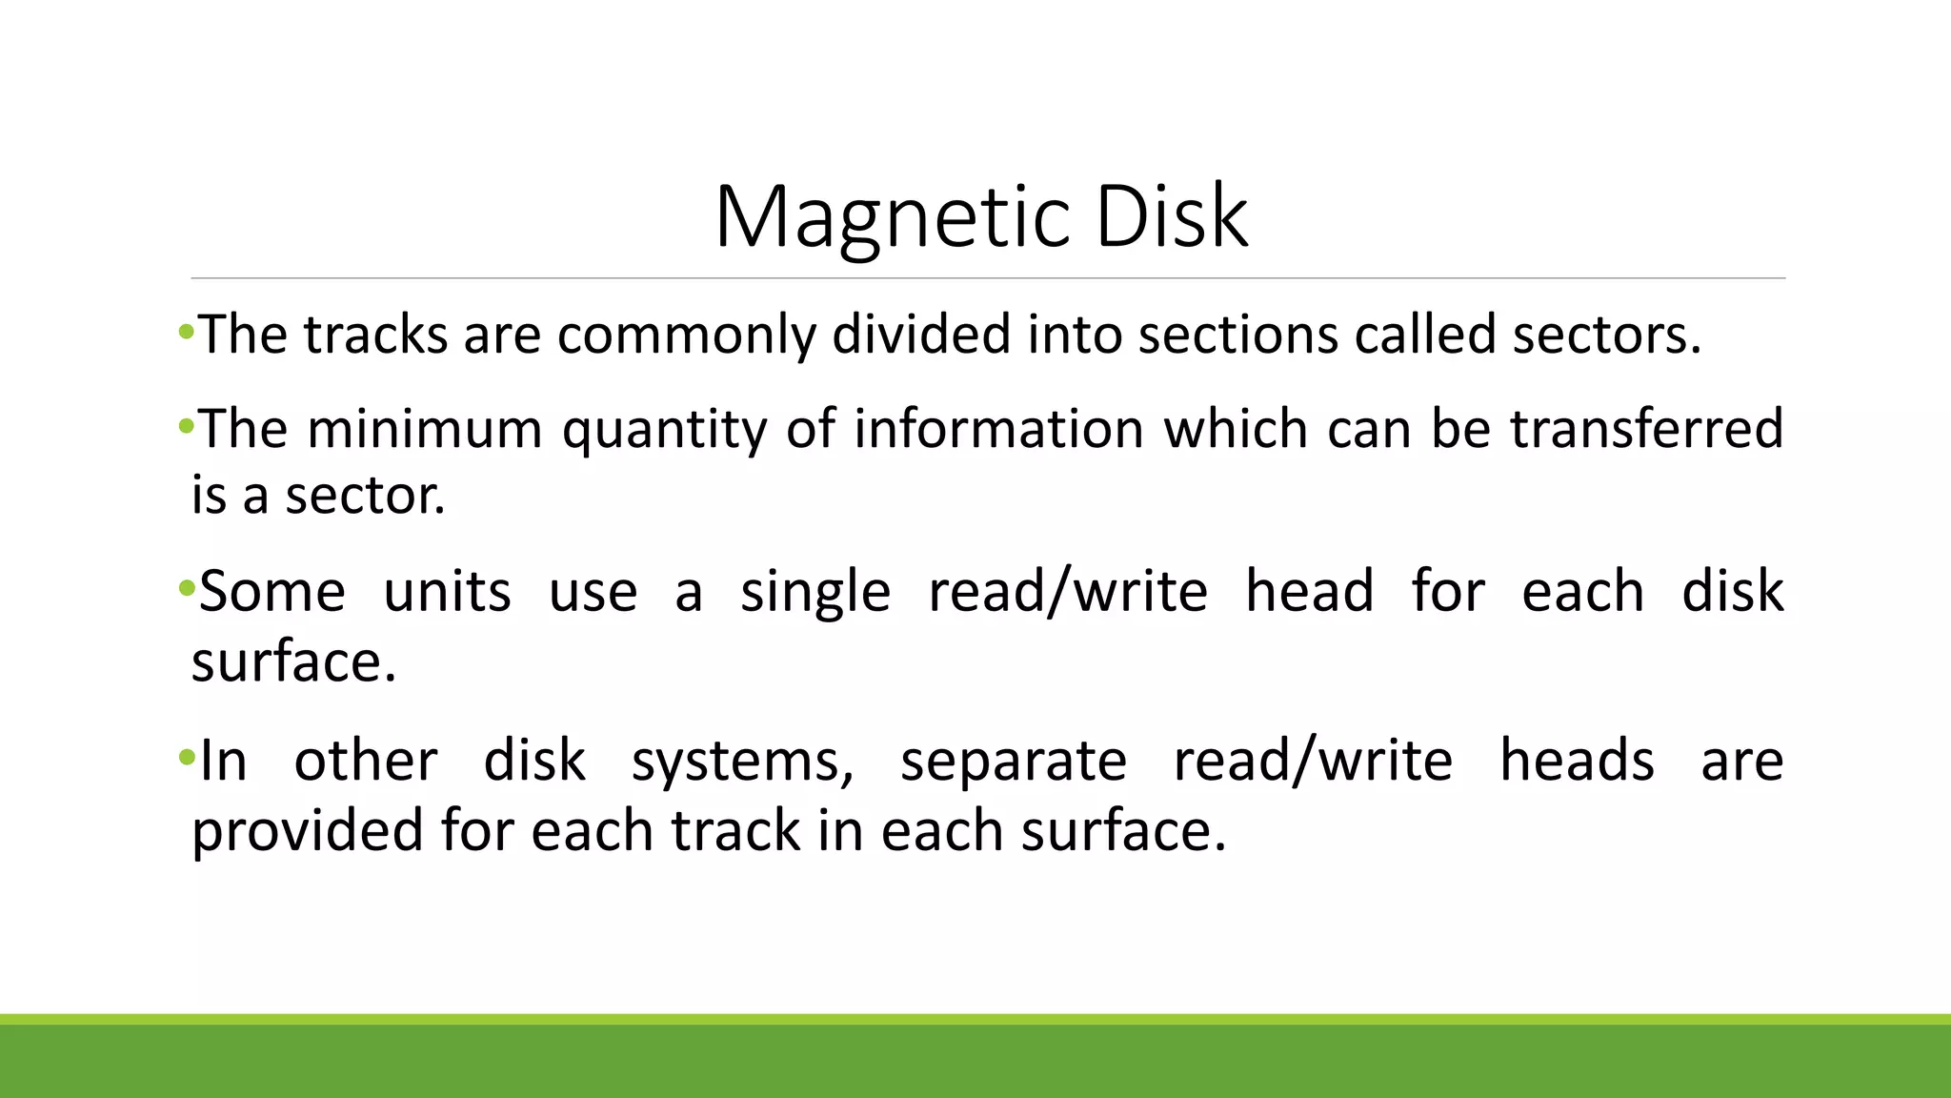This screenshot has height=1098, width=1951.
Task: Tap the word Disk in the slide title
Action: click(x=1172, y=217)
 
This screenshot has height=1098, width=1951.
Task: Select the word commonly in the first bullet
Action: click(x=687, y=335)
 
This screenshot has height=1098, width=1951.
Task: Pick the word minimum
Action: click(x=425, y=429)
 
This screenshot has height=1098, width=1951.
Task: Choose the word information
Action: click(x=998, y=429)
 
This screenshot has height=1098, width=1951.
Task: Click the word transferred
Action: click(x=1647, y=429)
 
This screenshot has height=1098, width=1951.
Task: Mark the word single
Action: click(x=815, y=593)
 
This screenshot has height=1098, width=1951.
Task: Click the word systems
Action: click(x=743, y=762)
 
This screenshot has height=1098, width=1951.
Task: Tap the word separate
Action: click(x=1014, y=762)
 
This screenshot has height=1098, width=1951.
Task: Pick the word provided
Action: click(x=308, y=831)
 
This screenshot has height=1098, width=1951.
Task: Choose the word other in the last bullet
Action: click(x=366, y=761)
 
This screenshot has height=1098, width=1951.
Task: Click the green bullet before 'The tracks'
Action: click(x=185, y=332)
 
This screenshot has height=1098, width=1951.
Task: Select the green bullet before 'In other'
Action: click(x=185, y=758)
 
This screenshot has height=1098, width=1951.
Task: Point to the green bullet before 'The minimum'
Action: click(x=185, y=425)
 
